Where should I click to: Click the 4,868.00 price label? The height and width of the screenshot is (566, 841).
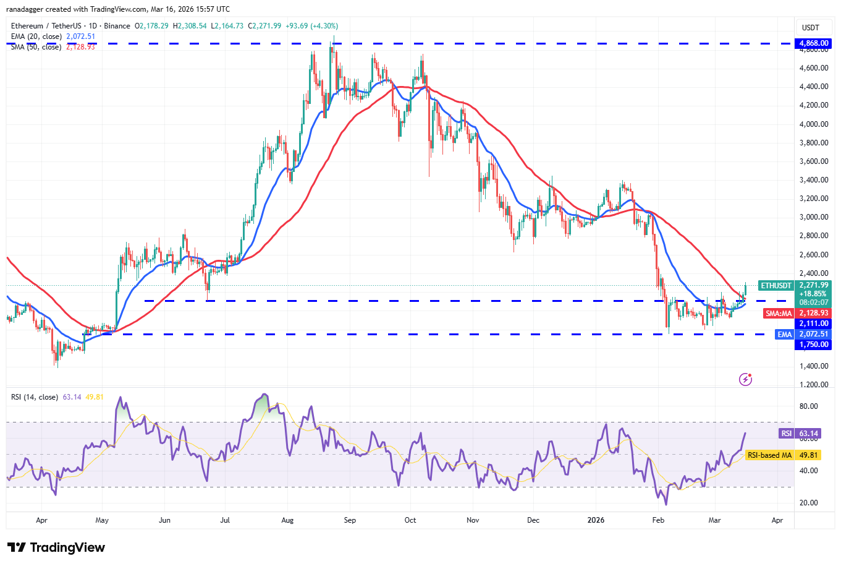(814, 43)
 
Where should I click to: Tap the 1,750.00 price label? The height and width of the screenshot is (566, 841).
(814, 345)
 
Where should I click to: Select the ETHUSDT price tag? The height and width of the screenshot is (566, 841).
(775, 286)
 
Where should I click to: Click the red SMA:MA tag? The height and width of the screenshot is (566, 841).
(779, 314)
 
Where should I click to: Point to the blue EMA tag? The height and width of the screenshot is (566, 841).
(784, 334)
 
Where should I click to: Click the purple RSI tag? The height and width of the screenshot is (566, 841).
(786, 434)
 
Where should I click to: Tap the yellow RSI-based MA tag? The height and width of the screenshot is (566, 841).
(769, 455)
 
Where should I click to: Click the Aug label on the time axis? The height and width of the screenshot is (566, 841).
(287, 520)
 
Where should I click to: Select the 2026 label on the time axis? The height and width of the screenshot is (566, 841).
(596, 520)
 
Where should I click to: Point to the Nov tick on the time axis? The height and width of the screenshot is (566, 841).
(473, 520)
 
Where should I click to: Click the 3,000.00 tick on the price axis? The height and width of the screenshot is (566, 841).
(814, 217)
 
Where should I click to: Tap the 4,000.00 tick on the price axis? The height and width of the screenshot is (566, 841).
(814, 124)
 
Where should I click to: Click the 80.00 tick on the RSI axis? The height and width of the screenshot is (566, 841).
(808, 406)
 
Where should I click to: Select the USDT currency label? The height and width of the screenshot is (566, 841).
(810, 28)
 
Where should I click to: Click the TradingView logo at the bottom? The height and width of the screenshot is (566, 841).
(56, 547)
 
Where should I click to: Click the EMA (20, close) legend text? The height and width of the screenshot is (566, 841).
(36, 36)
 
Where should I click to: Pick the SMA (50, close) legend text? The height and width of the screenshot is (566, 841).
(36, 47)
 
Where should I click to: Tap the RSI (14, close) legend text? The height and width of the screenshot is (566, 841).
(35, 397)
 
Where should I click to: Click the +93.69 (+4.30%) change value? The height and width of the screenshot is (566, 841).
(311, 26)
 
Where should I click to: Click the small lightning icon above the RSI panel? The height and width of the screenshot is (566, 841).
(746, 379)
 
